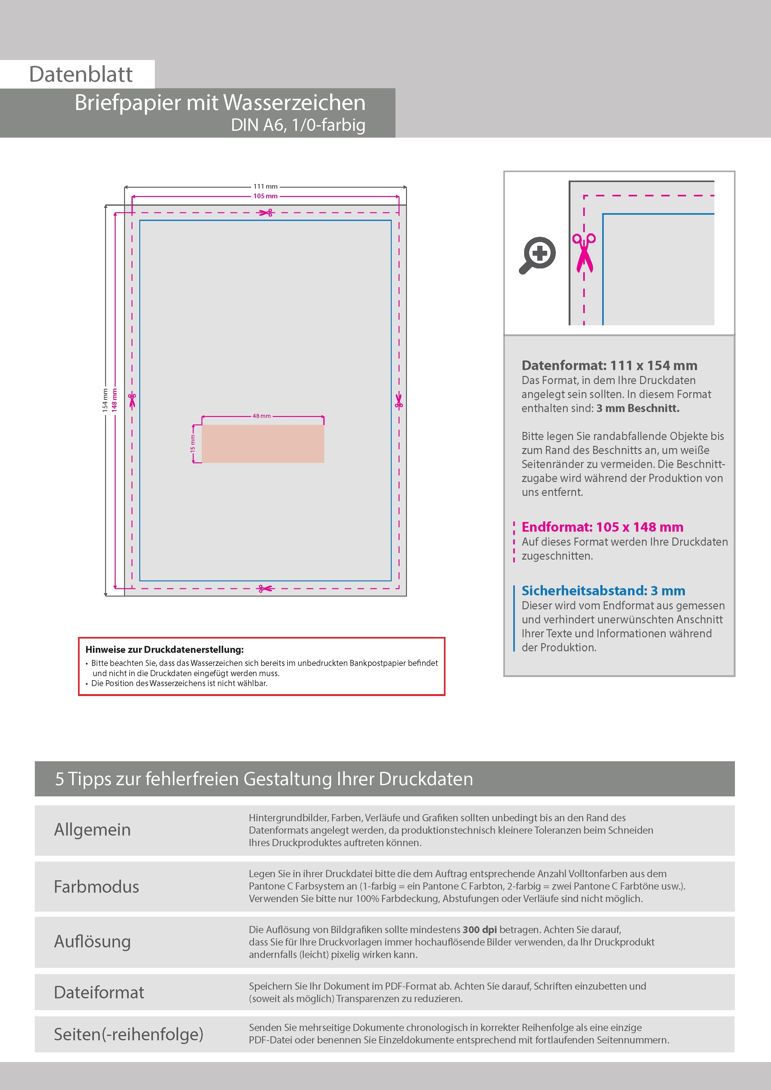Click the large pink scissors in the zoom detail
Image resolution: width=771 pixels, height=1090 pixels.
[584, 253]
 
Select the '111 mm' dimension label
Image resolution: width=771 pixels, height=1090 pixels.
[265, 186]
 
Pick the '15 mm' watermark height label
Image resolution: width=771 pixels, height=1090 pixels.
[193, 443]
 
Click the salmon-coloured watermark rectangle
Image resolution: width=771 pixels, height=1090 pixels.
[263, 443]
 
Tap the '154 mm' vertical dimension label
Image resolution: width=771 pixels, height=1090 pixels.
[105, 400]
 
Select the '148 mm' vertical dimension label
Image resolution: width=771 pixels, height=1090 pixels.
[114, 400]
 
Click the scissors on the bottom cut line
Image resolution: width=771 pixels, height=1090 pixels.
[265, 589]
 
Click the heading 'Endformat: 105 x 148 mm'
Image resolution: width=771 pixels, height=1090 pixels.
[602, 527]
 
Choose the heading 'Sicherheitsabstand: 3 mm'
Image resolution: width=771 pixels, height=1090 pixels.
[603, 591]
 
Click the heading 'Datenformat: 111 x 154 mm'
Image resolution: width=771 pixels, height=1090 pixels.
[609, 365]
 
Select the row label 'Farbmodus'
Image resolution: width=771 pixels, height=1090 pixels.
[96, 887]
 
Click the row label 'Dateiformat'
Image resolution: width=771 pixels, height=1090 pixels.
[99, 992]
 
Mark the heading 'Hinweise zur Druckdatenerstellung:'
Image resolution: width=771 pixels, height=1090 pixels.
[164, 649]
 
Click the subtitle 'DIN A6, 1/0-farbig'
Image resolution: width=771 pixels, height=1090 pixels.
[298, 125]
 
